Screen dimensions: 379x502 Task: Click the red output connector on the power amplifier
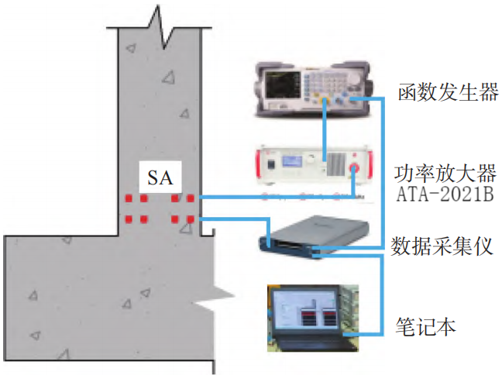(355, 167)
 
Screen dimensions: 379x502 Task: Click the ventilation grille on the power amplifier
(334, 165)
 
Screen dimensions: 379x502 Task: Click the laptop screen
(304, 310)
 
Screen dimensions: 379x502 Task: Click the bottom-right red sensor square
(188, 220)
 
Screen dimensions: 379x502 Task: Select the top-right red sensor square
(188, 199)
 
